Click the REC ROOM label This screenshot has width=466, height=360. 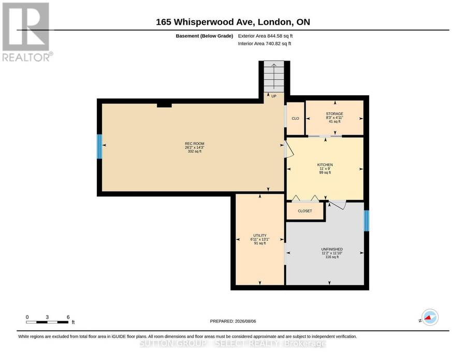click(195, 143)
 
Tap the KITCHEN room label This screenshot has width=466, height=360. click(325, 165)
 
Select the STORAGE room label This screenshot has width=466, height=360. click(334, 114)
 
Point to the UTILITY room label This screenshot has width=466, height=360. click(260, 236)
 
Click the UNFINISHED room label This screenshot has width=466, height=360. click(332, 249)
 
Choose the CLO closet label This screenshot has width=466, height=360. click(296, 118)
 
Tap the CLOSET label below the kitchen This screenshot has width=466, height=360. click(305, 211)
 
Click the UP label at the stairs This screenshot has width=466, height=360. click(274, 96)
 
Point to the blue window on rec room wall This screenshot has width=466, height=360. click(99, 147)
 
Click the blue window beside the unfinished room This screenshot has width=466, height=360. click(367, 221)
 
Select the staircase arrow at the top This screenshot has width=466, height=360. click(274, 76)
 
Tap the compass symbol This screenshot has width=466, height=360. click(430, 317)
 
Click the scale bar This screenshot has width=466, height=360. click(47, 322)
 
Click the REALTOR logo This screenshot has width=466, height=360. click(27, 32)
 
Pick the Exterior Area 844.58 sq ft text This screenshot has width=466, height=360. click(265, 36)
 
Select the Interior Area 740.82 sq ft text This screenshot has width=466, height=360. click(265, 44)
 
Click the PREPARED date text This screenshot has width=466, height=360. click(232, 321)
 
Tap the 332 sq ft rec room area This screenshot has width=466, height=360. click(195, 151)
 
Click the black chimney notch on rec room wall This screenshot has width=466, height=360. click(164, 105)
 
